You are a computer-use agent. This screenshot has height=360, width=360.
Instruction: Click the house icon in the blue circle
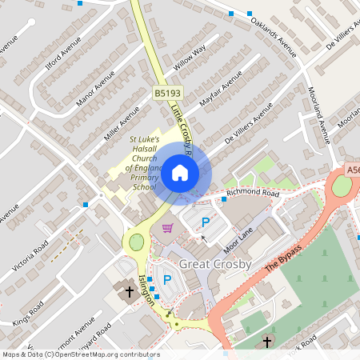click(x=180, y=172)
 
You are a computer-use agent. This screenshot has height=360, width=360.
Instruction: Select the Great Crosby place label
click(x=215, y=264)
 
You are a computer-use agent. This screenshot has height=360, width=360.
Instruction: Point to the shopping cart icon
click(x=167, y=229)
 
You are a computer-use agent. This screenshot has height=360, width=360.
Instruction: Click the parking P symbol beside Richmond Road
click(x=206, y=222)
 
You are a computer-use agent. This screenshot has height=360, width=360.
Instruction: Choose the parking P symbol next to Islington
click(x=167, y=279)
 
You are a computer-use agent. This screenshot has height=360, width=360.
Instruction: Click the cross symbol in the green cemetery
click(x=267, y=342)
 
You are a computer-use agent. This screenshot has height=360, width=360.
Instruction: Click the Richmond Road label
click(x=252, y=194)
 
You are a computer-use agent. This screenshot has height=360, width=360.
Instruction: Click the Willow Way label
click(x=190, y=58)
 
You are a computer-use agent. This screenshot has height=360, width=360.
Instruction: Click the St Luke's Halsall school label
click(x=145, y=163)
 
